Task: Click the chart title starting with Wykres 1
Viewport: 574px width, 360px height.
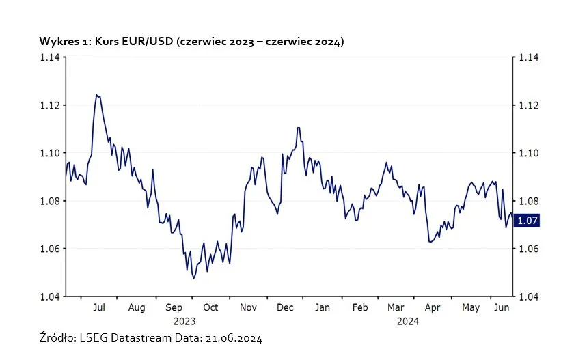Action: click(x=191, y=42)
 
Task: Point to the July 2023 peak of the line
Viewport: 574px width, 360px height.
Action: click(x=97, y=95)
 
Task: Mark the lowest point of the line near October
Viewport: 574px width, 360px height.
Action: click(x=193, y=278)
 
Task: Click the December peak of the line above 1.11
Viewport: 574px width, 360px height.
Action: click(x=299, y=128)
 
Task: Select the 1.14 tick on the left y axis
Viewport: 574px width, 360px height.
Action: click(x=49, y=58)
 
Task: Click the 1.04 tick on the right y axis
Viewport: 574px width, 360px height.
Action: click(x=530, y=296)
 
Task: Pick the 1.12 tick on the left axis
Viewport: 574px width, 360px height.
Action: click(x=49, y=105)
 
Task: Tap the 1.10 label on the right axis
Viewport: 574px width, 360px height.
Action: click(x=530, y=153)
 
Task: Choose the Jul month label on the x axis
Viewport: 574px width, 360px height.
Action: click(x=99, y=308)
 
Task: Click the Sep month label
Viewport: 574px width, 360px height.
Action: click(x=174, y=308)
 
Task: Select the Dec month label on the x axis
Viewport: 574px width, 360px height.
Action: click(x=285, y=308)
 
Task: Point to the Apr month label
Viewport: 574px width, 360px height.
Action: click(x=433, y=308)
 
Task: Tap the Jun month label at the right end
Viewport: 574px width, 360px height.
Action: click(x=501, y=308)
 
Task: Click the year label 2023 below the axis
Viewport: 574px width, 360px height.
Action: click(x=184, y=320)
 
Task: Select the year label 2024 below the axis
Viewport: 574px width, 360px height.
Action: click(x=409, y=320)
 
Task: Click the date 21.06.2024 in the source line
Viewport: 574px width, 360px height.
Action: click(x=231, y=338)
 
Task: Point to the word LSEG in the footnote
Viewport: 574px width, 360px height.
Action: click(x=94, y=338)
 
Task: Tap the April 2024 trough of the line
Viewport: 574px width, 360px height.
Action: click(x=430, y=241)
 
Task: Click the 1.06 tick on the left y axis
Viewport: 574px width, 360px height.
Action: click(x=49, y=249)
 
